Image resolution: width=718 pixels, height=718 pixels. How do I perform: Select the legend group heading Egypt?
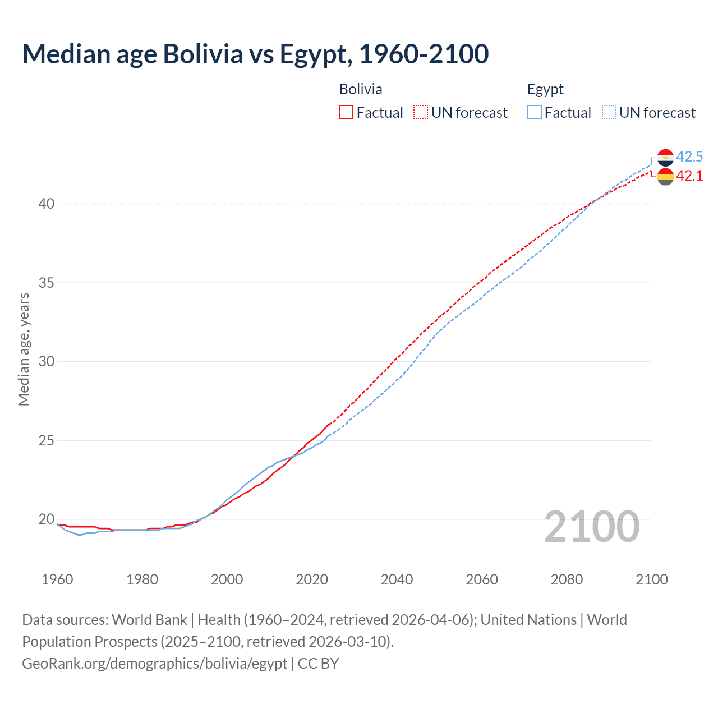click(545, 89)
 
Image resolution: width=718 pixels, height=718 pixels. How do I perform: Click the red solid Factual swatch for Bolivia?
click(346, 113)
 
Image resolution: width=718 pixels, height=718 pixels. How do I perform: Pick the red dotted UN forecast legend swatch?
click(421, 113)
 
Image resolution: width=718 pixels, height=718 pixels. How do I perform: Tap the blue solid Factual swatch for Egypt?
click(534, 113)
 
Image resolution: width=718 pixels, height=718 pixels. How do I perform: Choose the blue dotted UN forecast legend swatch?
click(609, 113)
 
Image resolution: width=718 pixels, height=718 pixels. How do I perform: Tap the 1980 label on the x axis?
click(142, 579)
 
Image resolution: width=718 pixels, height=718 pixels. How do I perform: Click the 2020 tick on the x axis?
click(312, 579)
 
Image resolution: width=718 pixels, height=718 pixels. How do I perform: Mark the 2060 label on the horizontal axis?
click(482, 579)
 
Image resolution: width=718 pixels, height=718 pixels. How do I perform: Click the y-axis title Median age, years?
click(24, 349)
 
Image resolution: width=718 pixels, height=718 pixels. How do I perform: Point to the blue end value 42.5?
click(689, 157)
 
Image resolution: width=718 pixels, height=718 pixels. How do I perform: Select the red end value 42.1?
click(689, 176)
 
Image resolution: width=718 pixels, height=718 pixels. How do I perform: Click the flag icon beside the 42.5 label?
click(665, 158)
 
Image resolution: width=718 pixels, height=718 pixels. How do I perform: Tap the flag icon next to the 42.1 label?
click(665, 177)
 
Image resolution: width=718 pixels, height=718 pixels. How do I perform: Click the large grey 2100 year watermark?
click(591, 527)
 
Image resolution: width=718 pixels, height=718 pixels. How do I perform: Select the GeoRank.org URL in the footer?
click(154, 664)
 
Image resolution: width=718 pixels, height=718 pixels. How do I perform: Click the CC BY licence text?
click(318, 664)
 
